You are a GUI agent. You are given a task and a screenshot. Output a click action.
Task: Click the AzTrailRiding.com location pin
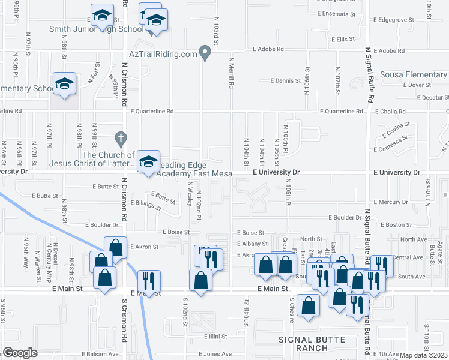(206, 53)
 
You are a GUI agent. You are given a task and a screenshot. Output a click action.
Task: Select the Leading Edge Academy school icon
(149, 162)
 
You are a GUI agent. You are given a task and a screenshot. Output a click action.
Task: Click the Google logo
(20, 352)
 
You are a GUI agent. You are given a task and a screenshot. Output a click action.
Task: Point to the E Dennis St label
(285, 80)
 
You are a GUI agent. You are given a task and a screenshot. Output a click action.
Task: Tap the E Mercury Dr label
(390, 202)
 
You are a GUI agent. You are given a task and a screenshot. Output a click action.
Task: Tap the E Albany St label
(252, 244)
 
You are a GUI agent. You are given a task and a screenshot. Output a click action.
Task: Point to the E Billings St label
(146, 206)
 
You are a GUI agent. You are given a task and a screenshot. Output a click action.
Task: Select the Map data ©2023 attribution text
(424, 355)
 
